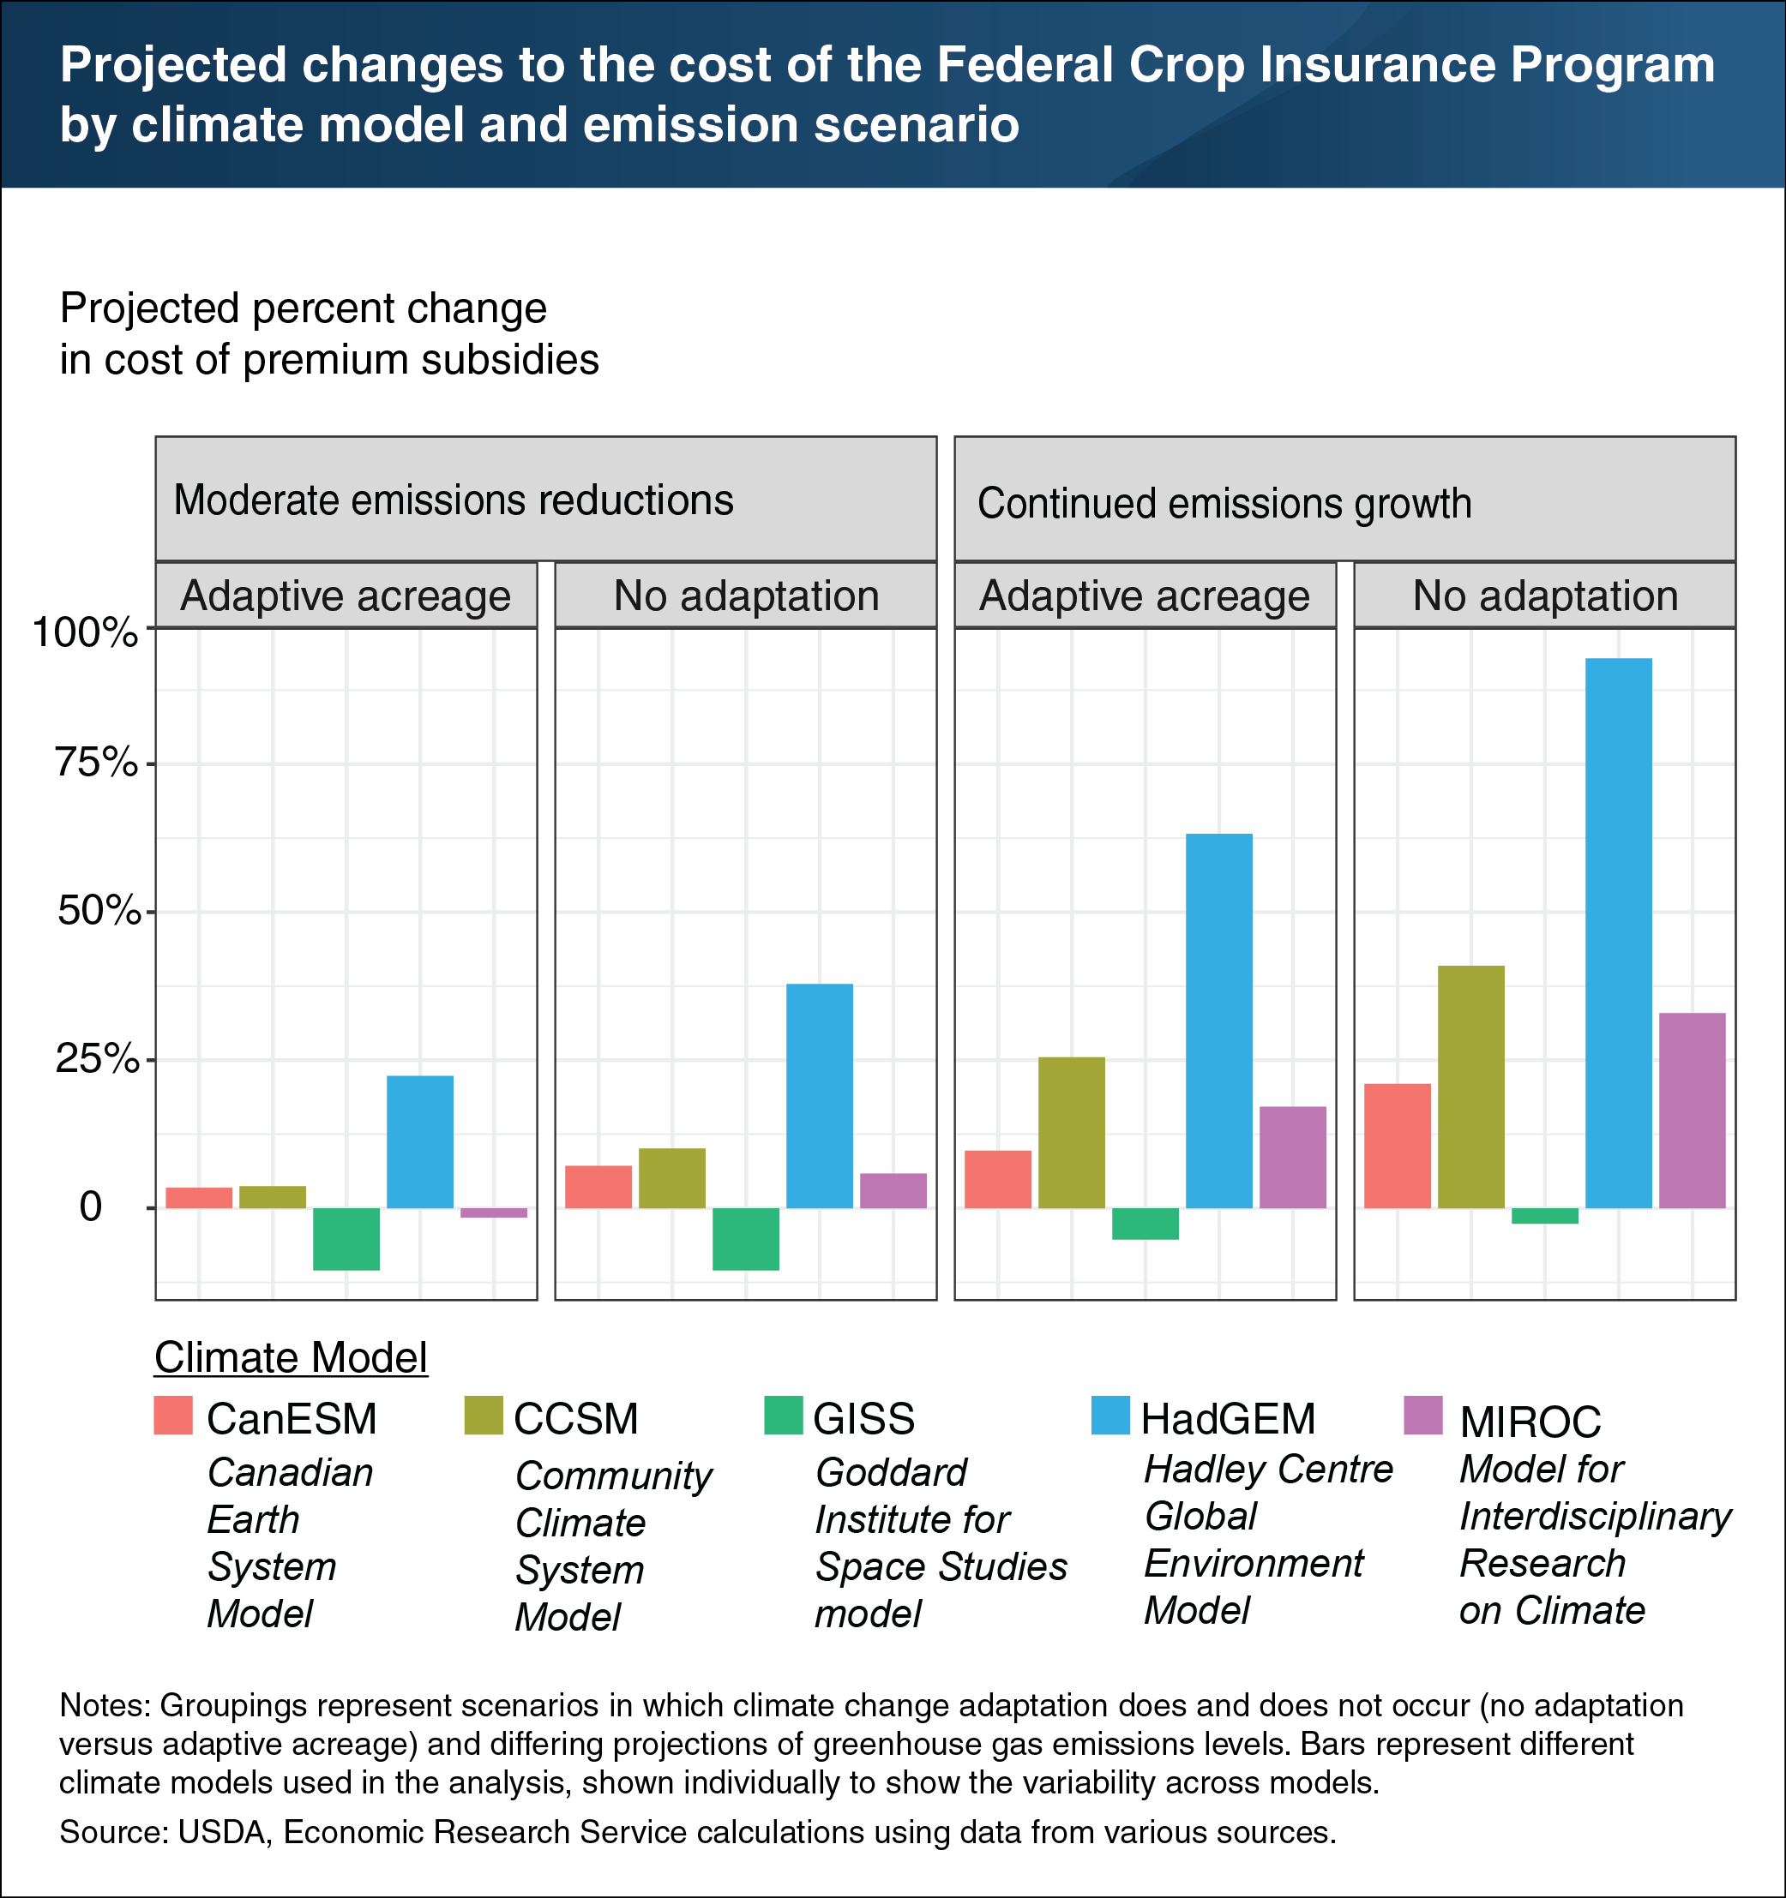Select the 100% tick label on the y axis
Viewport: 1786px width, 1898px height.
85,632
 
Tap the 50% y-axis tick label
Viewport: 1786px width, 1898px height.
99,911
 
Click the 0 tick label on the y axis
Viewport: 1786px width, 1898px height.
91,1206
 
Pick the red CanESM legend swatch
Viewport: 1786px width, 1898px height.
173,1415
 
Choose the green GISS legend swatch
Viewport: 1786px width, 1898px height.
783,1415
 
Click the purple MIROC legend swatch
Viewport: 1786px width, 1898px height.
1423,1415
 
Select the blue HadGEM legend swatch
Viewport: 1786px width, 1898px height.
1109,1415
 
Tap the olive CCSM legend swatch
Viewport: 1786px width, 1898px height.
484,1415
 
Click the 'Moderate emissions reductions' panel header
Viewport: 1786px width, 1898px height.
454,500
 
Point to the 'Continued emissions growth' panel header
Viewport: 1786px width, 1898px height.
1224,503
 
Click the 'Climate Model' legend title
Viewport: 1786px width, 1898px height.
291,1357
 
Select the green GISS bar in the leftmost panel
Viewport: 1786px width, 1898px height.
346,1238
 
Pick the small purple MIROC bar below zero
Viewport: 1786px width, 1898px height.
494,1212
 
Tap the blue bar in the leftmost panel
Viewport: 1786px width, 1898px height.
420,1142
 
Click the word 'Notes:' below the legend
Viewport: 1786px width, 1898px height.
105,1705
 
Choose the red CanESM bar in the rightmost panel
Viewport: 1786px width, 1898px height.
1398,1146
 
